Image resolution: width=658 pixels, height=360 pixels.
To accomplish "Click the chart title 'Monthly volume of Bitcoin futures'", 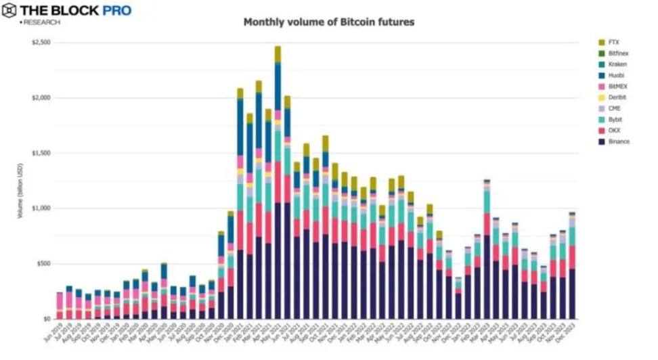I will [328, 22].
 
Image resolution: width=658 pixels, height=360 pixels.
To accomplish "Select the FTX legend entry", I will [613, 42].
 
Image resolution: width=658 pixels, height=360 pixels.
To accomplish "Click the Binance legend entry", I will [618, 141].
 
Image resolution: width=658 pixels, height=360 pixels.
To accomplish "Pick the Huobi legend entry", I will [615, 75].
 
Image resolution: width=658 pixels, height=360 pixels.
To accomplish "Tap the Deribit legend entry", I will [617, 97].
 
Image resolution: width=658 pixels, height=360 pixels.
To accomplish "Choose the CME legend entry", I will [614, 108].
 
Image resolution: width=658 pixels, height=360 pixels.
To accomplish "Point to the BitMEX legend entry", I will [617, 86].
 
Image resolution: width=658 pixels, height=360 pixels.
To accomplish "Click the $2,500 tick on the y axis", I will [41, 43].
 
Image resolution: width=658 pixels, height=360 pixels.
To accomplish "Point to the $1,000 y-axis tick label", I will [41, 208].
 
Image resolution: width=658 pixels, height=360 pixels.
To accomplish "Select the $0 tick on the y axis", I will [46, 319].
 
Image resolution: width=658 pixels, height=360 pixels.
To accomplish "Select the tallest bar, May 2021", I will [278, 183].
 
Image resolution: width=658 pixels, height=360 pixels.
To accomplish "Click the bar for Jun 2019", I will [60, 305].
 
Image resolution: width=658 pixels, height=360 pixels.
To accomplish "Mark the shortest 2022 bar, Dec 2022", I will [458, 298].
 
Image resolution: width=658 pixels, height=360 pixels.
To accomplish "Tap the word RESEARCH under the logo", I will [41, 22].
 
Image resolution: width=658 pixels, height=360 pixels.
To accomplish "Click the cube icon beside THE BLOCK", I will [9, 11].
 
